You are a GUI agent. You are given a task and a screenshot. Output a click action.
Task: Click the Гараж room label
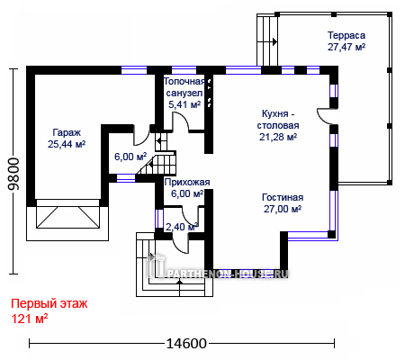pos(67,132)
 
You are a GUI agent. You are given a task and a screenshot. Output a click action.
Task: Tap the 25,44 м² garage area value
pos(67,144)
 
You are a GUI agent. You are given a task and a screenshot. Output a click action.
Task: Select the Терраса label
pos(346,35)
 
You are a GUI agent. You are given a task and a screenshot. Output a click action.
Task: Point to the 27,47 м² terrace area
pos(346,47)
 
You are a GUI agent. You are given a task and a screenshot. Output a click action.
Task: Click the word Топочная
pos(184,81)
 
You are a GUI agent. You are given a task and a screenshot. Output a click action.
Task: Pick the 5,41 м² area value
pos(184,104)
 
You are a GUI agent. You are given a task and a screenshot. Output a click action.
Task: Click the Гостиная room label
pos(283,197)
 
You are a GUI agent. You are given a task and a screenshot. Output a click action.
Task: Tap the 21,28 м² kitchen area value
pos(278,137)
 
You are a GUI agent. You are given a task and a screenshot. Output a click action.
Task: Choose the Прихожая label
pos(187,182)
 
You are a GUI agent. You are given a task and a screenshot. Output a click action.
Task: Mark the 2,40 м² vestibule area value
pos(182,227)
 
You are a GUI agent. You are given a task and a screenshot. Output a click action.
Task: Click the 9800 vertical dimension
pos(13,175)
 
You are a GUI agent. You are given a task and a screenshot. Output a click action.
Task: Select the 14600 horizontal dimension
pos(186,344)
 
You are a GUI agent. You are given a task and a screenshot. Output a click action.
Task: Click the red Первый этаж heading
pos(49,304)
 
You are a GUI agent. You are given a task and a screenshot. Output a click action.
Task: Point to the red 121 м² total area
pos(30,319)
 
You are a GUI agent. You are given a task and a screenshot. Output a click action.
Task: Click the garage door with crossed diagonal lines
pos(67,217)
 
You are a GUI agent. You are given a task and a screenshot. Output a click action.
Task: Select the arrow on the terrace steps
pos(274,42)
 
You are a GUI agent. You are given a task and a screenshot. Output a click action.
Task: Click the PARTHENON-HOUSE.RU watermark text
pos(228,274)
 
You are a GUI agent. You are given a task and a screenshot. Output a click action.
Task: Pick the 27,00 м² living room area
pos(283,209)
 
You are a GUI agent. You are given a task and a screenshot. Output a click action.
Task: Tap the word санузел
pos(184,93)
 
